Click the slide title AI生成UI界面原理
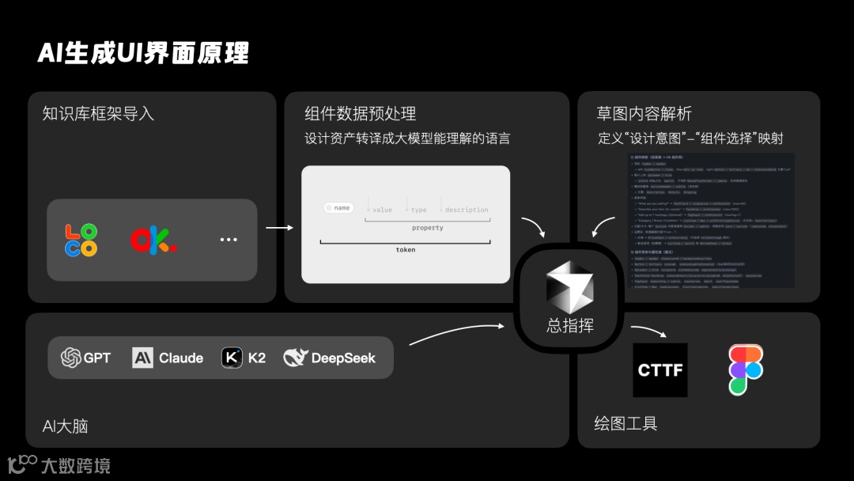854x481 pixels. tap(143, 53)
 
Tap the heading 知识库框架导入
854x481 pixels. tap(98, 114)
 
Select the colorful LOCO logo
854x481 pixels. tap(81, 240)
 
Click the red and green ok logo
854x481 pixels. tap(153, 240)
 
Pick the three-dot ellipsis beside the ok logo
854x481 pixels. tap(229, 240)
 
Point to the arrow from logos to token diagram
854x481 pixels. tap(279, 229)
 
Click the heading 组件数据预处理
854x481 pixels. tap(361, 114)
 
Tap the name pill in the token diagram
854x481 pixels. tap(338, 208)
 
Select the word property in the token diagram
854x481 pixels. tap(427, 228)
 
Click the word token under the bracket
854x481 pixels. tap(406, 250)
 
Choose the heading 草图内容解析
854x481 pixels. tap(644, 114)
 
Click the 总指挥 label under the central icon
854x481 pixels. tap(570, 325)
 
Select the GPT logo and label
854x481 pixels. tap(86, 358)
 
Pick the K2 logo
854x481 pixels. tap(232, 358)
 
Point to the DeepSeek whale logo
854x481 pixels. tap(295, 358)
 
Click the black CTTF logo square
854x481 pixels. tap(660, 370)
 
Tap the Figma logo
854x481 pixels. tap(746, 370)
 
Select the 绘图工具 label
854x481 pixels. tap(626, 423)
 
